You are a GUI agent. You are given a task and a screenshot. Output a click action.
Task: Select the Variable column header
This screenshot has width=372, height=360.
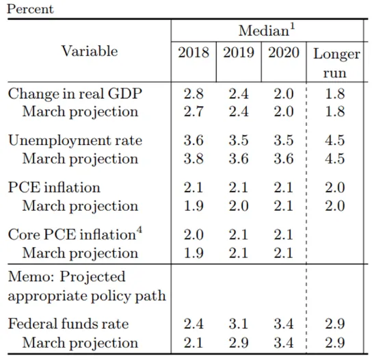(x=90, y=51)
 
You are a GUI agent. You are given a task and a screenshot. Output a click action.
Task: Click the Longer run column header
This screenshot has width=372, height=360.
(x=335, y=62)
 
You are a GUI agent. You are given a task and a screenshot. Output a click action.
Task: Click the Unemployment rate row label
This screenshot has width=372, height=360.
(x=75, y=140)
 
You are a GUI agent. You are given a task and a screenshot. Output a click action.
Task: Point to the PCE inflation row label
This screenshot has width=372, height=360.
(x=54, y=188)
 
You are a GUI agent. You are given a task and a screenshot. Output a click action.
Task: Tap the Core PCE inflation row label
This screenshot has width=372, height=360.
(x=72, y=235)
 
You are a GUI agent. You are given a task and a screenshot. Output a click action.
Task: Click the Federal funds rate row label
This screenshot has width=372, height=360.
(x=68, y=324)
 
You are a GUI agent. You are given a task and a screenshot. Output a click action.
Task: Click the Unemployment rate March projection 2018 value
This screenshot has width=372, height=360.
(x=194, y=158)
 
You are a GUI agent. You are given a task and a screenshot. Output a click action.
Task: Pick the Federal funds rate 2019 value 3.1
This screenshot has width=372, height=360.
(x=239, y=324)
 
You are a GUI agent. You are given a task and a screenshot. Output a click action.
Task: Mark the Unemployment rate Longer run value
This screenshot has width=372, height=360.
(x=335, y=140)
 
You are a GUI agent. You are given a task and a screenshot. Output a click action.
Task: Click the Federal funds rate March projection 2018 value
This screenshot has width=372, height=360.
(x=194, y=342)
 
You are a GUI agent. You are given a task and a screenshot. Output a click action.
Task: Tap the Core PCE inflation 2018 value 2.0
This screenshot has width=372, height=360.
(x=194, y=235)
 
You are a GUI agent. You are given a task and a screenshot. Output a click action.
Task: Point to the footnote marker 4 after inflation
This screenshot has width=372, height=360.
(x=139, y=230)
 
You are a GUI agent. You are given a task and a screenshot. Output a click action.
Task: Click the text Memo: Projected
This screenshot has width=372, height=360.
(x=67, y=277)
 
